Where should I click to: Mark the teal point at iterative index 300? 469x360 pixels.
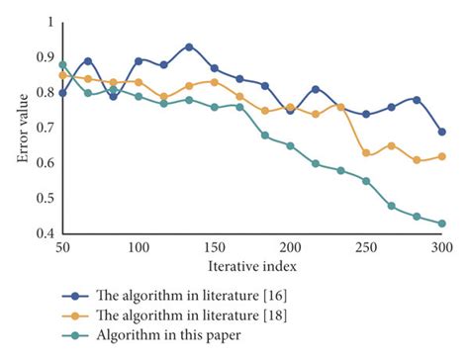pos(441,224)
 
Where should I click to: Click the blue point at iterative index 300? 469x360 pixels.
pos(441,132)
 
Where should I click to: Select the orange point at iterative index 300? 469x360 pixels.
pos(441,156)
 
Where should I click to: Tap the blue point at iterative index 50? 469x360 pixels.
pos(62,93)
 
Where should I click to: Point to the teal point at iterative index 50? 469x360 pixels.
pos(62,64)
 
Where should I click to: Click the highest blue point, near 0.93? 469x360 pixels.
pos(189,46)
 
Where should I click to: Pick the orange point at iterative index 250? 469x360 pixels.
pos(366,153)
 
